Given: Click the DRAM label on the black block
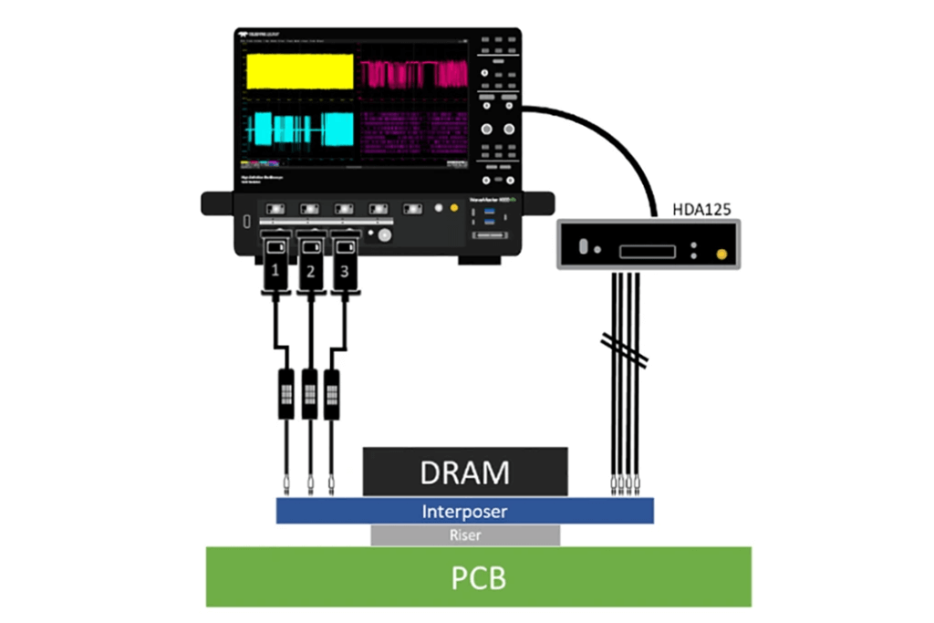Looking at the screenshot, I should point(465,472).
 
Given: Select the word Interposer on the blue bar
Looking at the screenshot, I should point(465,511).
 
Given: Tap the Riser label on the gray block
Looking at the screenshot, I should point(465,536).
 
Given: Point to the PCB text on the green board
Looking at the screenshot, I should point(479,578).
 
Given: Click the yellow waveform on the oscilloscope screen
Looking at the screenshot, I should point(299,71).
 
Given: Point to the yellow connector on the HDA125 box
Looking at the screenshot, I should point(721,254).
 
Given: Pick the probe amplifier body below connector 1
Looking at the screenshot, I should point(287,393).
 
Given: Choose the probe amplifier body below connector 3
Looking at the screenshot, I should point(331,393).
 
